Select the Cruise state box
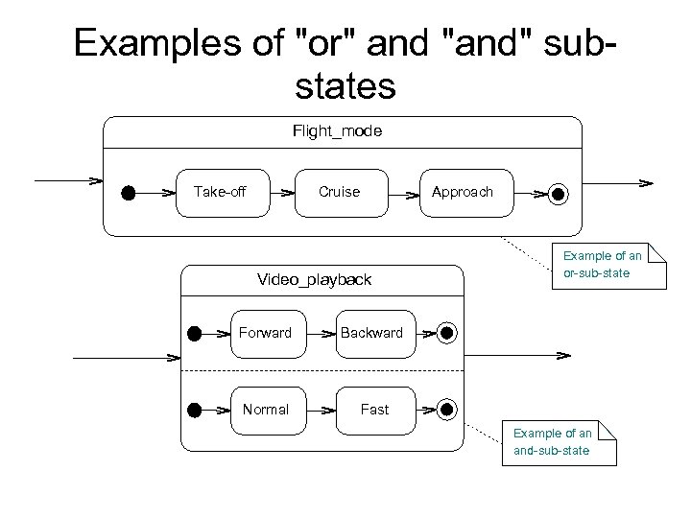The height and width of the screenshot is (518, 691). click(x=340, y=192)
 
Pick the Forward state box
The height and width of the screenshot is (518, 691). click(x=265, y=333)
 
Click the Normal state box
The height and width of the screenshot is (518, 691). click(x=265, y=410)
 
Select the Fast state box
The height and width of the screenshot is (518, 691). click(x=374, y=410)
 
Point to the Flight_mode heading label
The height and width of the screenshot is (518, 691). click(x=337, y=131)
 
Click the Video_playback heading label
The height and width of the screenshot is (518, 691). click(x=314, y=279)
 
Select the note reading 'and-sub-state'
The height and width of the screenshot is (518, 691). click(x=558, y=441)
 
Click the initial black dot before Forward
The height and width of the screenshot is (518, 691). click(x=194, y=334)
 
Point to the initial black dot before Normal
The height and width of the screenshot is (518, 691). click(x=194, y=410)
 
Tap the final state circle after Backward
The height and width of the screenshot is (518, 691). click(x=446, y=334)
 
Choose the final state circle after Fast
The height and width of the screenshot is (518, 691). click(x=446, y=410)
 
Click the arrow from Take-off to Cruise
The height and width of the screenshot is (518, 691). click(x=282, y=193)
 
